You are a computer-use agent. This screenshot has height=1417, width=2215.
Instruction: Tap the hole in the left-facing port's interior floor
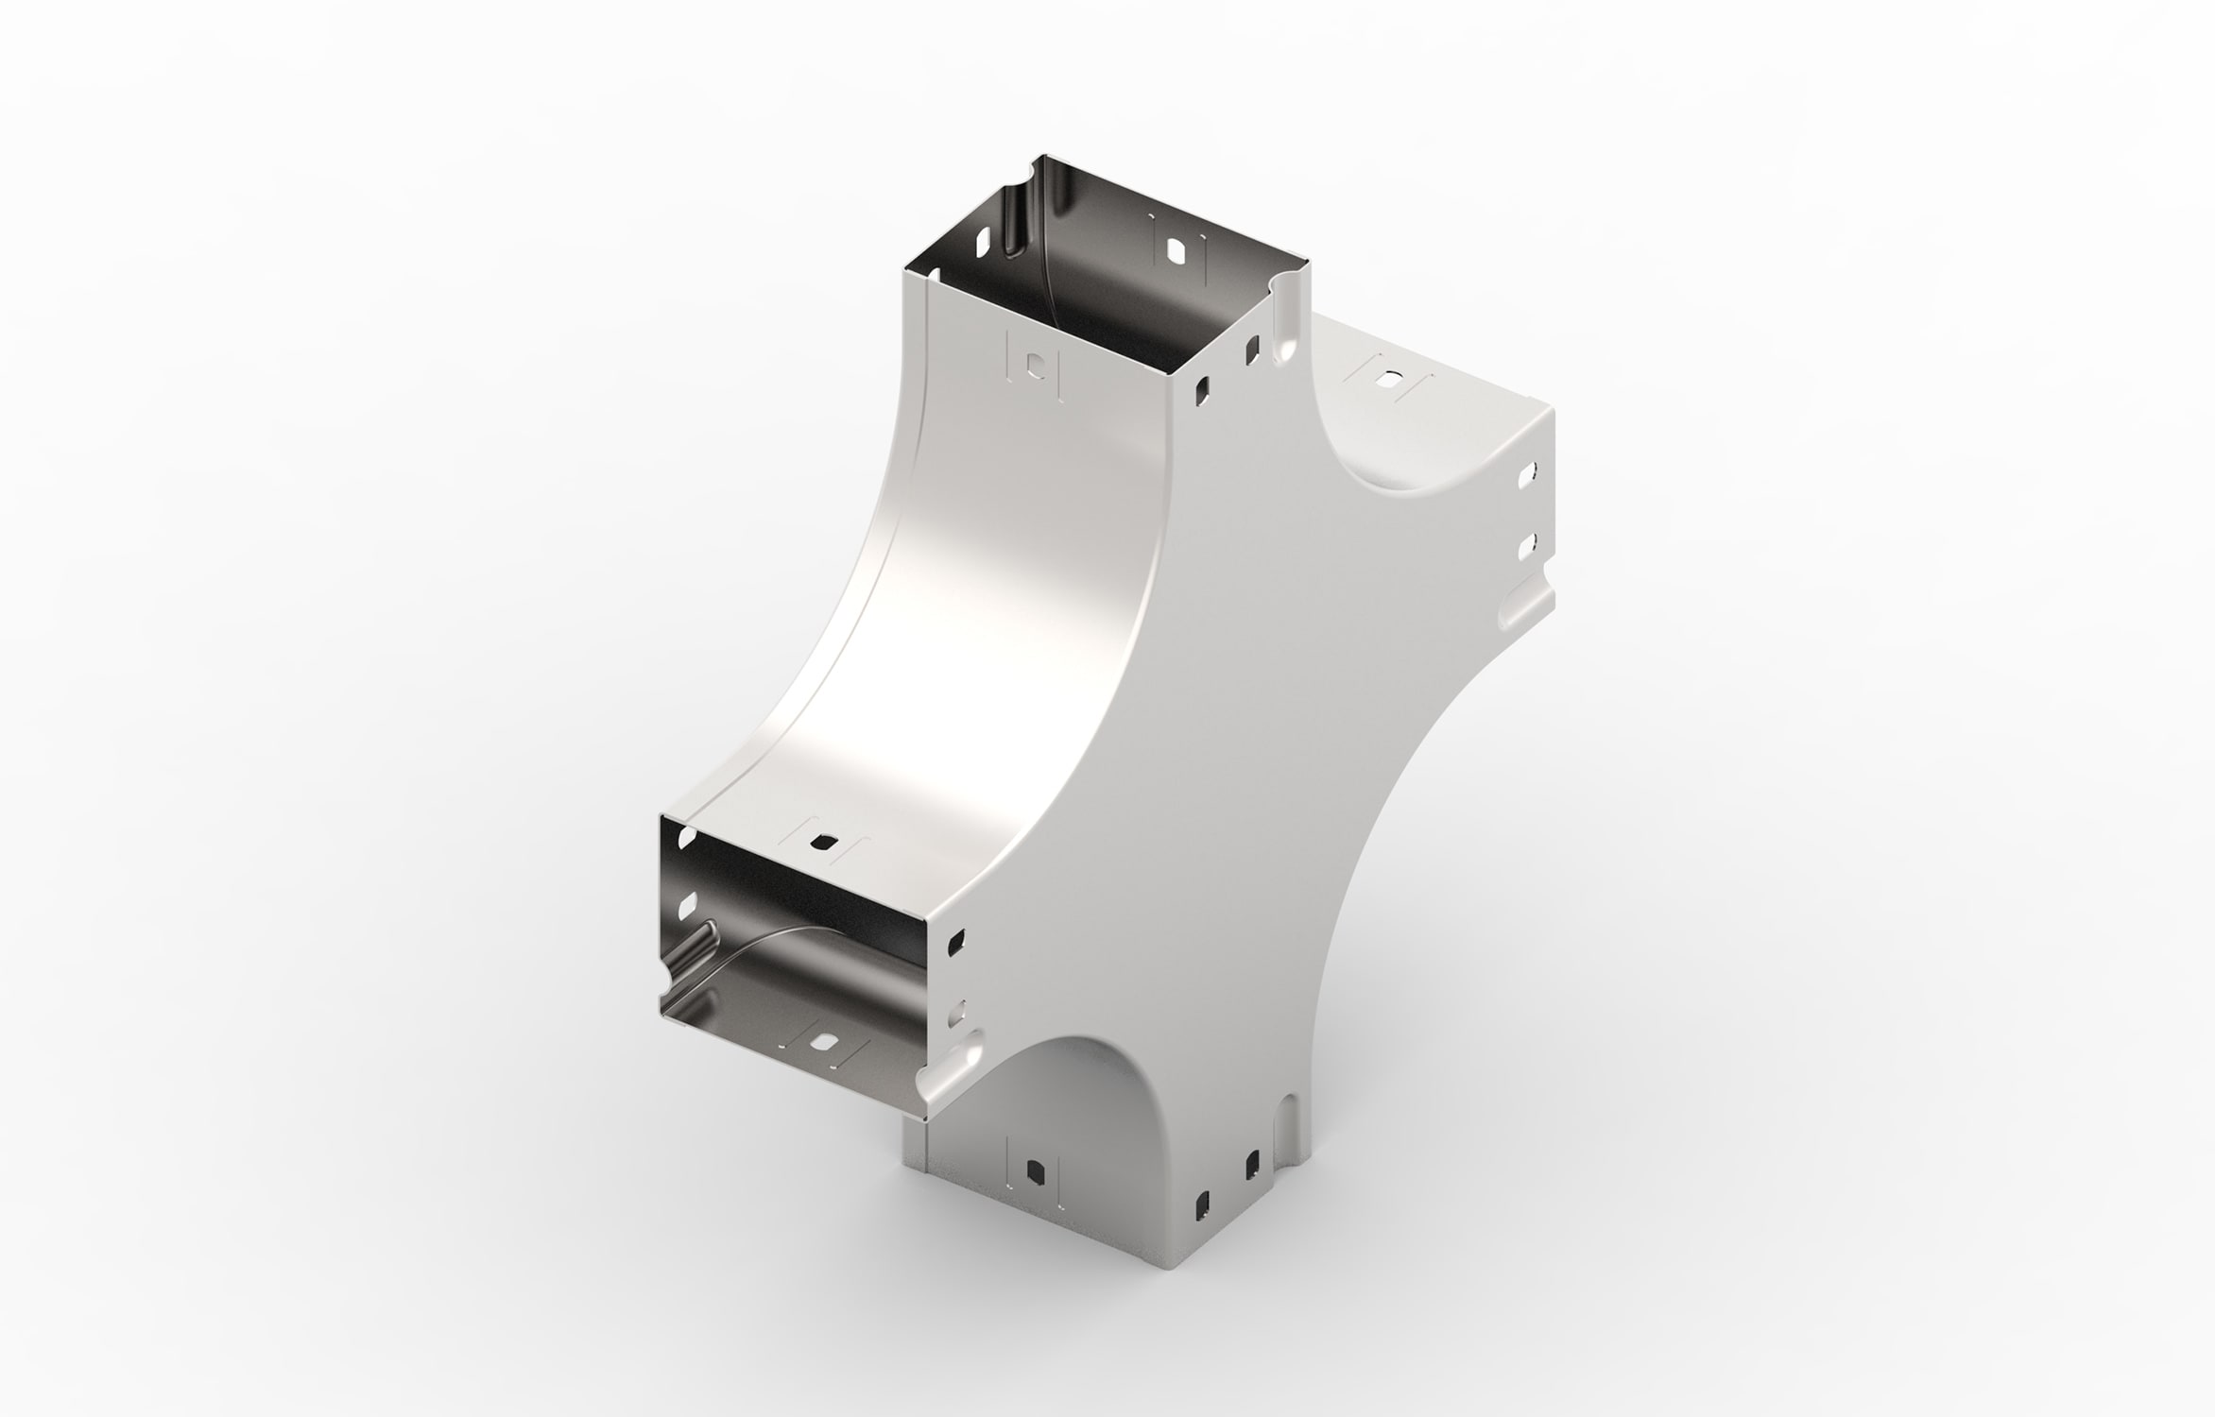(x=821, y=1045)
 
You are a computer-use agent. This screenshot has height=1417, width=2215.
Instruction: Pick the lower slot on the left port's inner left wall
(x=686, y=907)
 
